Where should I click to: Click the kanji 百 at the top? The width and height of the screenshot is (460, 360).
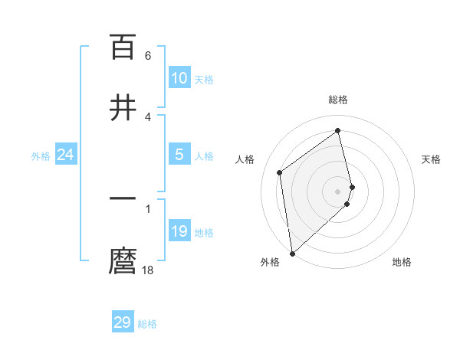(x=123, y=47)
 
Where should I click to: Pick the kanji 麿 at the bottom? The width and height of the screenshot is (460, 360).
(x=123, y=261)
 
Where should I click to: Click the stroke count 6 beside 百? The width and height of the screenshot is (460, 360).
(x=147, y=56)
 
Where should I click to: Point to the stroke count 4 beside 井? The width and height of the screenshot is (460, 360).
(x=147, y=116)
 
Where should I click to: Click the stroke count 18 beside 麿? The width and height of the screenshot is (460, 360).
(x=147, y=270)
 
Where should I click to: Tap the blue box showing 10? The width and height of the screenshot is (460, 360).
(x=179, y=78)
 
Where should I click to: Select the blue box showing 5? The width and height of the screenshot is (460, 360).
(x=179, y=155)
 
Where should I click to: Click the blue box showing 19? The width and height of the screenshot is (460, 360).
(x=179, y=231)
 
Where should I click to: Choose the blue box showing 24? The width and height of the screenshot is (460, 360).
(x=66, y=155)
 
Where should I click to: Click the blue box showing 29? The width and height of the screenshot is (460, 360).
(x=123, y=322)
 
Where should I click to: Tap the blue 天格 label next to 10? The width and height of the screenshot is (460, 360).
(x=204, y=80)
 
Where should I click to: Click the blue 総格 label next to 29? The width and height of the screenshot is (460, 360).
(x=147, y=324)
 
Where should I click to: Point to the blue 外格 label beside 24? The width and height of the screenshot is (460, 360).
(x=41, y=156)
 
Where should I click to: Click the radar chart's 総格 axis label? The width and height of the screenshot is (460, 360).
(x=338, y=100)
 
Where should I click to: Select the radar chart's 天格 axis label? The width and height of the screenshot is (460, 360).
(x=431, y=159)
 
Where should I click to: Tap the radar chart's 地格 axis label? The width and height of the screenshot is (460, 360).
(x=402, y=262)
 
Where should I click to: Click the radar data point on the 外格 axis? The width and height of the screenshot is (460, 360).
(x=292, y=252)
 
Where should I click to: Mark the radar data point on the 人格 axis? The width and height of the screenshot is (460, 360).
(x=280, y=172)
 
